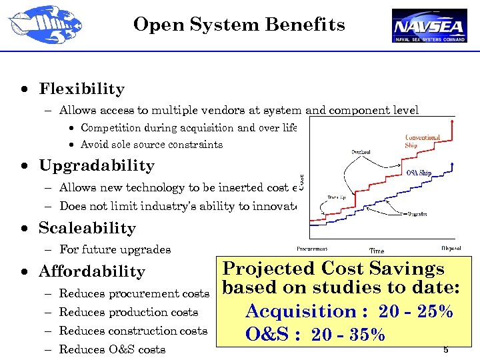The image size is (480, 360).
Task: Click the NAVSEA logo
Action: point(429,25)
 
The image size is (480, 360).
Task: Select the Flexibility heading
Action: point(81,89)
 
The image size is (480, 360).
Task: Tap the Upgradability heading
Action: point(96,165)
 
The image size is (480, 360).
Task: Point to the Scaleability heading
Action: point(87,228)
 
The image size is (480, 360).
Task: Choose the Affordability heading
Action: point(91,271)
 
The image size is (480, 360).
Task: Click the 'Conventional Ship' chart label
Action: point(422,141)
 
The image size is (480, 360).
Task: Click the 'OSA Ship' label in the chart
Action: point(419,173)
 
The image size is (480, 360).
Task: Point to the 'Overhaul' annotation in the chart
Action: point(362,151)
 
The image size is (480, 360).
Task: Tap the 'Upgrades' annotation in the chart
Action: point(417,214)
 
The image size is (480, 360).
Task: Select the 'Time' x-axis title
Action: point(377,251)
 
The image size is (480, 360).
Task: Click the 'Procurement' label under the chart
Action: point(312,249)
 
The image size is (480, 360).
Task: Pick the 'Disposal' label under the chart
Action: point(451,249)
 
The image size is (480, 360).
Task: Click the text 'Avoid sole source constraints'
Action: point(151,145)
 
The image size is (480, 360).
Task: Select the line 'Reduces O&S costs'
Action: point(112,349)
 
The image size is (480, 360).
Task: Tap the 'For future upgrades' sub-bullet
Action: point(115,249)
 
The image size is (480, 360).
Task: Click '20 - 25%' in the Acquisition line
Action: point(415,311)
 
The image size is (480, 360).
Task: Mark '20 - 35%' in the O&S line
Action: point(348,334)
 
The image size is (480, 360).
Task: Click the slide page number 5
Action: point(445,350)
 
